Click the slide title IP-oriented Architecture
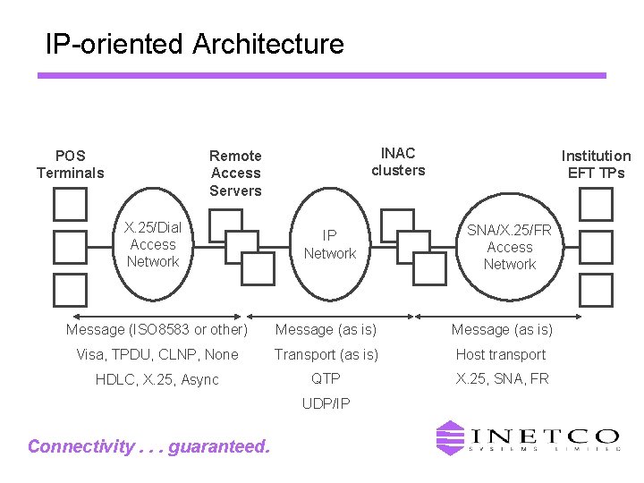click(x=194, y=44)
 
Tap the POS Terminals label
click(x=70, y=164)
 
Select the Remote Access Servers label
click(x=235, y=173)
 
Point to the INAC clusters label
click(x=398, y=162)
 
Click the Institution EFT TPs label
click(x=596, y=164)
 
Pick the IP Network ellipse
click(x=330, y=244)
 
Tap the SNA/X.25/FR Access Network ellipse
click(x=509, y=247)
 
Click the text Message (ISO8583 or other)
click(x=157, y=329)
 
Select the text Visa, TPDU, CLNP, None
click(x=157, y=354)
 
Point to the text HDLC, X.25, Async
click(x=157, y=379)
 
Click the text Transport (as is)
click(x=326, y=354)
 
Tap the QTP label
click(x=326, y=378)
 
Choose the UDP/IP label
click(x=326, y=403)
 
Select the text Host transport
click(x=501, y=354)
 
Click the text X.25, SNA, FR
click(x=502, y=378)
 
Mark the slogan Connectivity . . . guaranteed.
click(x=148, y=446)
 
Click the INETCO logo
click(x=527, y=438)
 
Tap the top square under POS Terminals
click(x=70, y=204)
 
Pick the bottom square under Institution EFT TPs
click(x=596, y=290)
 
